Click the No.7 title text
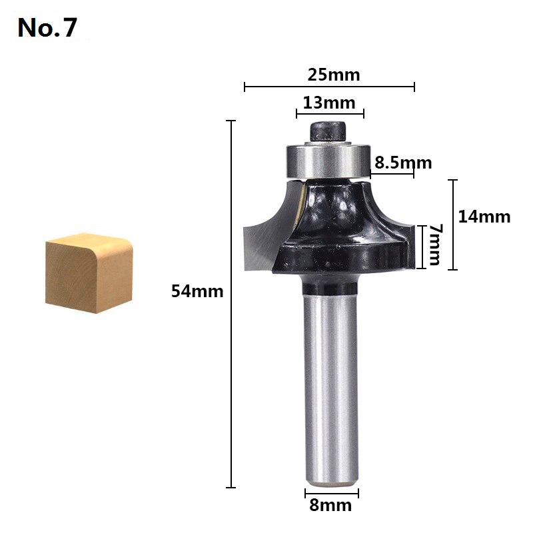point(47,28)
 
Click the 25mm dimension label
point(333,75)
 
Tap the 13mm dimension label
point(328,103)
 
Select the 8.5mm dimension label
point(403,163)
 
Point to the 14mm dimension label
point(484,217)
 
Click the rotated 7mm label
point(435,245)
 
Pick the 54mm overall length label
point(197,291)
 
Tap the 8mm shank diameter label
point(330,506)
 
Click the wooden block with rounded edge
point(88,273)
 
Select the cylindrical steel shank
point(331,386)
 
